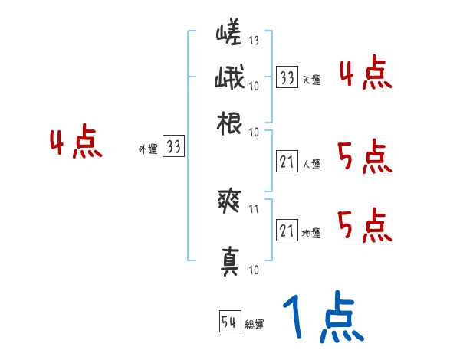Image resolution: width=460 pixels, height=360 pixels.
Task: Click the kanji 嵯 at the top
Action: [228, 33]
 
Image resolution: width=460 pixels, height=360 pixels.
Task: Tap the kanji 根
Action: [228, 123]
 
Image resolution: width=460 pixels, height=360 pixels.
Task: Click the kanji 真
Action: [228, 261]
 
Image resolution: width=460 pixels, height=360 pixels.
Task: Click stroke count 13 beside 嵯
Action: [254, 41]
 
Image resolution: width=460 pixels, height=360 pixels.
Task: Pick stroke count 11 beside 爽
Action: [254, 207]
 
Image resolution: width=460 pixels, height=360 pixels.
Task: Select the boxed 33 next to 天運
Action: [287, 77]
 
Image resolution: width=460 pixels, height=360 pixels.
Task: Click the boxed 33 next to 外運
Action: [174, 147]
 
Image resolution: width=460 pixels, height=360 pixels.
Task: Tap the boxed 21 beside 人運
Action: [287, 162]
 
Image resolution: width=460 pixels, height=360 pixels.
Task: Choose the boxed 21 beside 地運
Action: [287, 231]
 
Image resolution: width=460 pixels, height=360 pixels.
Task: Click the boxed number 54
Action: [228, 322]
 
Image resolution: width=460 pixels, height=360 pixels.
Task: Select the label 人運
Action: [311, 163]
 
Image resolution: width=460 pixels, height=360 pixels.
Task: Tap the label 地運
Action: [311, 233]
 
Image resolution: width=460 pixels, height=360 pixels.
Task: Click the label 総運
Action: [255, 324]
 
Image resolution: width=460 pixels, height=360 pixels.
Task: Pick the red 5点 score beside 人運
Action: [364, 158]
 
